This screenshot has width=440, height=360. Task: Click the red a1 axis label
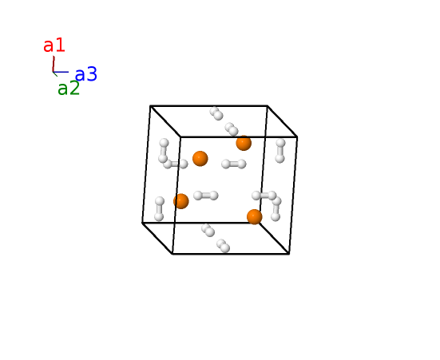pos(54,45)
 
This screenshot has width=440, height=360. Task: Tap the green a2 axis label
pos(69,88)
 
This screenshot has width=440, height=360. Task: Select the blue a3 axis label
pos(86,74)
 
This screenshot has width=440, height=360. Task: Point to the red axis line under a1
pos(54,64)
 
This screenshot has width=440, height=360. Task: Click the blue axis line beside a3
pos(61,72)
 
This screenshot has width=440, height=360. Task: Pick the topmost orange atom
pos(244,143)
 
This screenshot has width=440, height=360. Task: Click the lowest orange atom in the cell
pos(255,217)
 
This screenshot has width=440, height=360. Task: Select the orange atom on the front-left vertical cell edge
pos(181,201)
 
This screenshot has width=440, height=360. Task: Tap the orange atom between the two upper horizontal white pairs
pos(200,159)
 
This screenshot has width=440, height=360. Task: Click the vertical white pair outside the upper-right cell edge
pos(280,151)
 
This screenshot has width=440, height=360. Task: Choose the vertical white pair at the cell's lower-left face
pos(159,209)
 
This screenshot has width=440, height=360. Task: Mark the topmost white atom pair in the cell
pos(216,113)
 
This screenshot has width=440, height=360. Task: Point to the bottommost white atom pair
pos(224,246)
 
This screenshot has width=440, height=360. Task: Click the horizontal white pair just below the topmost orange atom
pos(234,164)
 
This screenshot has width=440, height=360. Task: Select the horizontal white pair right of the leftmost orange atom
pos(206,196)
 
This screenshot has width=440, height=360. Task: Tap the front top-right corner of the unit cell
pos(297,137)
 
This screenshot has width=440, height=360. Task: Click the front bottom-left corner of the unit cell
pos(172,254)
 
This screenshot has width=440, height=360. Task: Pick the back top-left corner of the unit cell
pos(150,106)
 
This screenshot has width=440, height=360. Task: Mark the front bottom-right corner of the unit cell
pos(289,254)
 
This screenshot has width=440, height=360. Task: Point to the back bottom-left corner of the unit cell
pos(142,223)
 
